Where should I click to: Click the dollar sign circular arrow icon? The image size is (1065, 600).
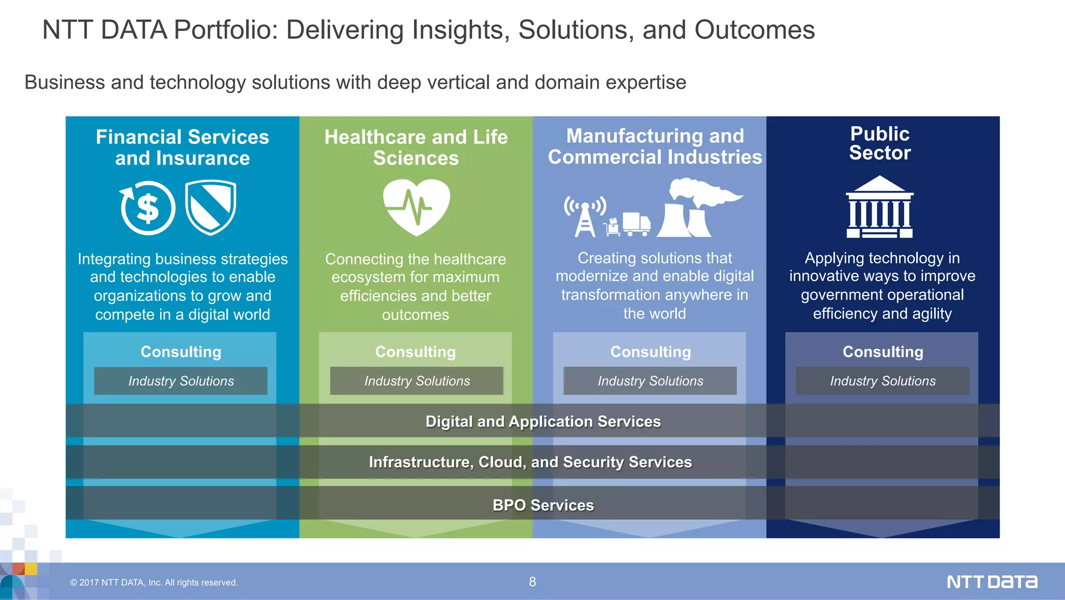pos(148,208)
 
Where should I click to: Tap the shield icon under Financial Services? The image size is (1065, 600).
pos(211,207)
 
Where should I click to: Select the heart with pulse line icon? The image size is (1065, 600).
pos(416,207)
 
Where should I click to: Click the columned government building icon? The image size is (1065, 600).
pos(879,207)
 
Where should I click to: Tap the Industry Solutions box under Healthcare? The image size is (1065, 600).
pos(417,381)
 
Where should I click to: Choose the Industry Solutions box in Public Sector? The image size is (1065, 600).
pos(882,381)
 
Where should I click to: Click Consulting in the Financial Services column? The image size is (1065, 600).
pos(181,352)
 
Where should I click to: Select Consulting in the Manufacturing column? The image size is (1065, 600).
pos(651,352)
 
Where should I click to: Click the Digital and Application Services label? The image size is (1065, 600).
pos(543,421)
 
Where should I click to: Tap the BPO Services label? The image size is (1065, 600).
pos(543,505)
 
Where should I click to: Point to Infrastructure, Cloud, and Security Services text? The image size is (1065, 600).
pos(530,462)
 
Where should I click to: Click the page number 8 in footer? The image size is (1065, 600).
pos(532,582)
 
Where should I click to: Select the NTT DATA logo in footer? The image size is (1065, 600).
pos(992,582)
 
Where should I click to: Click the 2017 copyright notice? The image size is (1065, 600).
pos(154,583)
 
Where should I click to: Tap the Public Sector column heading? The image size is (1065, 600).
pos(880,143)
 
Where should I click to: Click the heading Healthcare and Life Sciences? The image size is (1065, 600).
pos(416,147)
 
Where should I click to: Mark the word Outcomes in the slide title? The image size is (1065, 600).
pos(755,30)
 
